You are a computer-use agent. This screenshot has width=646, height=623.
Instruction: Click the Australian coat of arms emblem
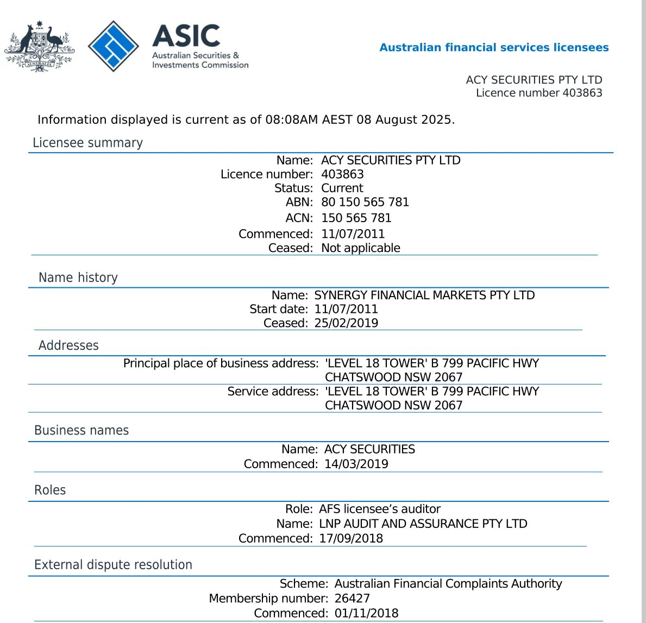(x=39, y=47)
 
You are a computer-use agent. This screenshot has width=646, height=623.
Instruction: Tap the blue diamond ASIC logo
(x=114, y=46)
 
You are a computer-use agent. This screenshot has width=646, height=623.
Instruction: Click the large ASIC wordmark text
(x=186, y=36)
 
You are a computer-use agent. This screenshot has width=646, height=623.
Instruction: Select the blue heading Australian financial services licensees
(x=494, y=47)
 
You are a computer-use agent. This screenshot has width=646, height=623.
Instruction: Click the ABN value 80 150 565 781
(x=365, y=202)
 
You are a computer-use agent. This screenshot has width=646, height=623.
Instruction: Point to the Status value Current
(x=342, y=188)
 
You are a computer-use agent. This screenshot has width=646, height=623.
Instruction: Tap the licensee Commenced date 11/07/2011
(x=353, y=234)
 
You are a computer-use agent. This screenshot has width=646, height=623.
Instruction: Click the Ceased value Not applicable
(x=360, y=248)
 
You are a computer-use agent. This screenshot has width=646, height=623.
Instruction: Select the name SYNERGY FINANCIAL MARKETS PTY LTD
(x=424, y=295)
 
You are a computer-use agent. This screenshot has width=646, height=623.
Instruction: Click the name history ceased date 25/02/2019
(x=346, y=323)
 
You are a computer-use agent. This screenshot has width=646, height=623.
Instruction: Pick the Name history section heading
(x=78, y=278)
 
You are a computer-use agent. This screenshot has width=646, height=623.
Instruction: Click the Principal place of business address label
(x=221, y=363)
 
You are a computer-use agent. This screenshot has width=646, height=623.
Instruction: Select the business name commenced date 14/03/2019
(x=356, y=464)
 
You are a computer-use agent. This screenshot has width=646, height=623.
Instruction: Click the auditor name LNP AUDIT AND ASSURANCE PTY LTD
(x=423, y=524)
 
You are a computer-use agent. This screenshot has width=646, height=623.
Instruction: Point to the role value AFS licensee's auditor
(x=379, y=509)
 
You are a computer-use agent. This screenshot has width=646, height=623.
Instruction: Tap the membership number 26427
(x=352, y=599)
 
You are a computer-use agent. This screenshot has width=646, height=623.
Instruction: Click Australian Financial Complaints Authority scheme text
(x=448, y=584)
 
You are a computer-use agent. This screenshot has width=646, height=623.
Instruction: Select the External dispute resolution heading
(x=113, y=565)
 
